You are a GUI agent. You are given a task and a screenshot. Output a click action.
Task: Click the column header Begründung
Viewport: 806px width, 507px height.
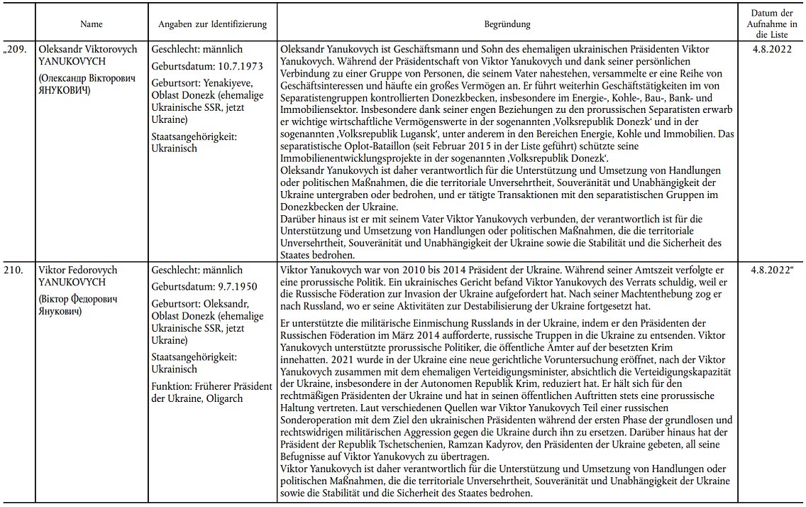(507, 24)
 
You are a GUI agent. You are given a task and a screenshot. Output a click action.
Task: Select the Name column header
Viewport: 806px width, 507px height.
(92, 24)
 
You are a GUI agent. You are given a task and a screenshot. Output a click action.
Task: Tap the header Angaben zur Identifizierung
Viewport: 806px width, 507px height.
(212, 24)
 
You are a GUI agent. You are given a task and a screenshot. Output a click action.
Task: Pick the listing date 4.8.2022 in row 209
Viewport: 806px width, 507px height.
(773, 50)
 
